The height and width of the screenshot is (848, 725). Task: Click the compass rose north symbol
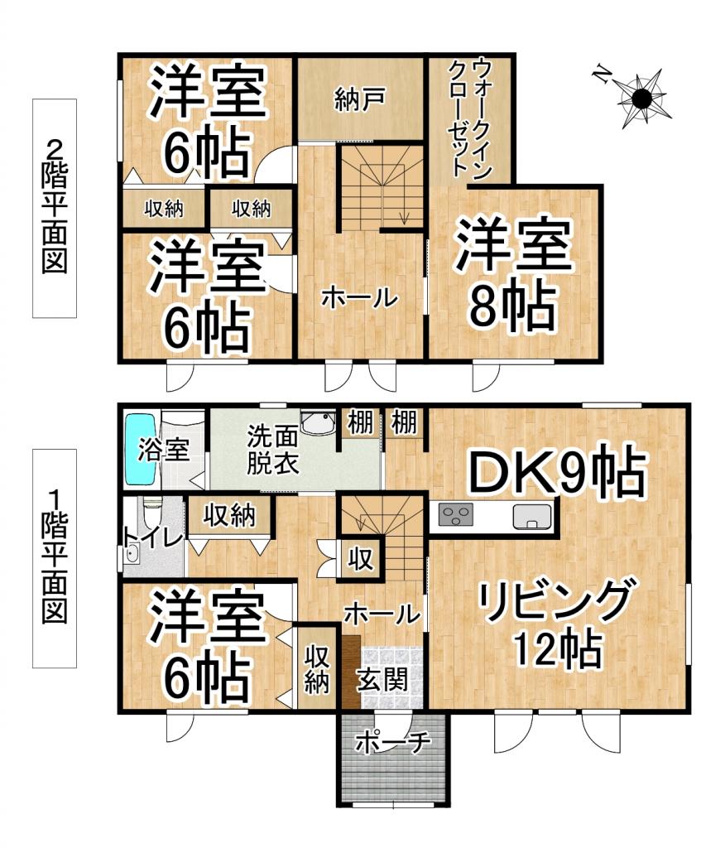point(641,99)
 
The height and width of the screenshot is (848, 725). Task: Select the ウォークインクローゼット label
point(469,120)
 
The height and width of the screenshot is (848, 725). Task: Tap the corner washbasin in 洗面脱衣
point(317,422)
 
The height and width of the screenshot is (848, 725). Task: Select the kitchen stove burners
point(454,517)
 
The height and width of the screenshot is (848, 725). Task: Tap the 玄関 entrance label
point(382,681)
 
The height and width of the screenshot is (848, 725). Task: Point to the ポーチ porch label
point(394,743)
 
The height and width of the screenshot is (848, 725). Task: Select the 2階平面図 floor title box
point(55,208)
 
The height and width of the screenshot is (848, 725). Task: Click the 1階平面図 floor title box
point(55,558)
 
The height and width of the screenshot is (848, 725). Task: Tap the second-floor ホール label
point(359,297)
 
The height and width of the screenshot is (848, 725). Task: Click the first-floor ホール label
point(381,614)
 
